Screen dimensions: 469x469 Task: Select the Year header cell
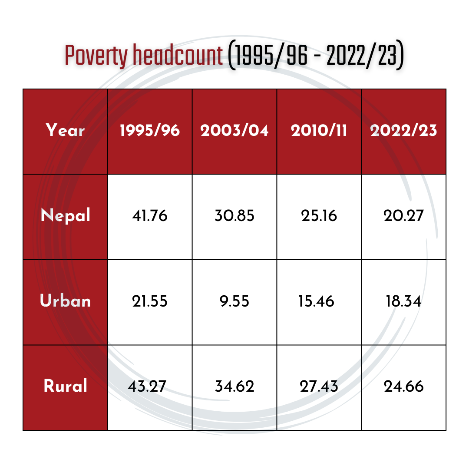pos(65,130)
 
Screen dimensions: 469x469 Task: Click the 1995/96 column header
pos(150,130)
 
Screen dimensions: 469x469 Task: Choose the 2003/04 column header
pos(234,130)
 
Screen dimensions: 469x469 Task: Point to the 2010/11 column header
pos(319,130)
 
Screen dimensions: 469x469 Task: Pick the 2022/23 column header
pos(403,130)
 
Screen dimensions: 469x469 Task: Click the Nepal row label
pos(65,215)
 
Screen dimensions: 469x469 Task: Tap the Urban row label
pos(65,301)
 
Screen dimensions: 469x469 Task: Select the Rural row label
pos(65,386)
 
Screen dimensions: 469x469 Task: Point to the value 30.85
pos(234,215)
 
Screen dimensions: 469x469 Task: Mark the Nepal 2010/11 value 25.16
pos(319,215)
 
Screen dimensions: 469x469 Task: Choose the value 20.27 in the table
pos(403,215)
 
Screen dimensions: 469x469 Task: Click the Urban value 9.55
pos(235,301)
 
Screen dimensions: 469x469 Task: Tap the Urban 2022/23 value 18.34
pos(403,301)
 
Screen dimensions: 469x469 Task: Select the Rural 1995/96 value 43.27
pos(148,386)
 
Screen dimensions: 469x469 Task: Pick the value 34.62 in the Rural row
pos(234,386)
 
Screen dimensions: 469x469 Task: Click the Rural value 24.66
pos(404,386)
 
